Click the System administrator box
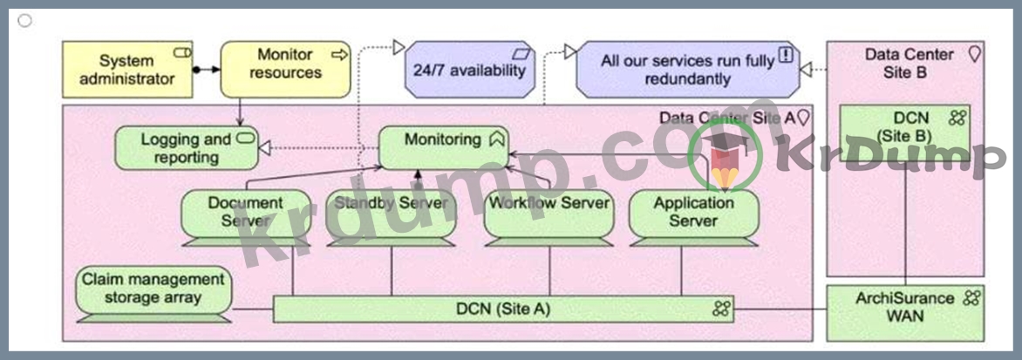tap(127, 70)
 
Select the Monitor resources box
tap(285, 69)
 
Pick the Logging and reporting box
tap(187, 148)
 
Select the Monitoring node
tap(443, 146)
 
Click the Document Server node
tap(245, 212)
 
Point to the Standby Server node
tap(391, 212)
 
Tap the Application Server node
tap(693, 212)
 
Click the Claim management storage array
tap(153, 289)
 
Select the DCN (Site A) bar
tap(503, 309)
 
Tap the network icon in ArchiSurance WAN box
tap(971, 298)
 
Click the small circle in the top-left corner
tap(24, 20)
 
